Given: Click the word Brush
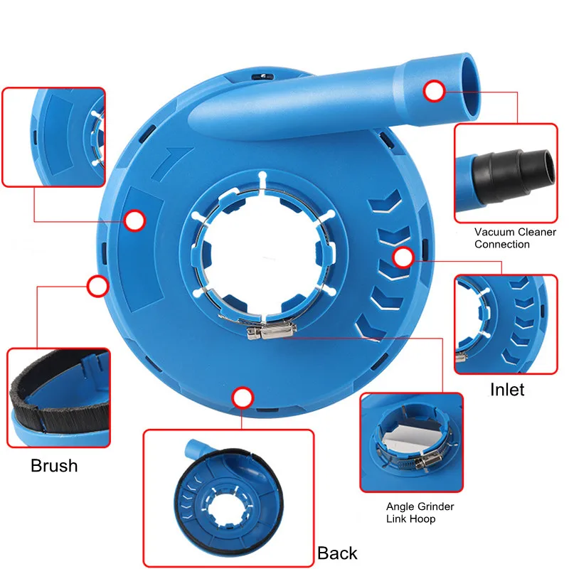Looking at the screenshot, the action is point(54,466).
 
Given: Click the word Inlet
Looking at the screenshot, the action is point(507,390).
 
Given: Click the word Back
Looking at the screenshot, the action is point(337,553).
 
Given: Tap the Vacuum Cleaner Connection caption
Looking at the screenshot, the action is point(515,238).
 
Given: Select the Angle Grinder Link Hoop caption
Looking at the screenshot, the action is point(420,512).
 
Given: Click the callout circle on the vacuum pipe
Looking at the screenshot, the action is point(434,91).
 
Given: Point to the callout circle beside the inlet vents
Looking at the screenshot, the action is point(403,257).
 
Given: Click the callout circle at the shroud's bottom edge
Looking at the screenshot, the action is point(243,398).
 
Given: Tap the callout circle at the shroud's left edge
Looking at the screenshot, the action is point(97,286).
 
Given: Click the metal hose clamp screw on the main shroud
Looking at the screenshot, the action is point(271,331).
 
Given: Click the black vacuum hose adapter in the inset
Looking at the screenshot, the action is point(514,176).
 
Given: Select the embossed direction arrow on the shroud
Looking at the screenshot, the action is point(171,163).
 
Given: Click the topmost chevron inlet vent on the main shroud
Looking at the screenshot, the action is point(385,201).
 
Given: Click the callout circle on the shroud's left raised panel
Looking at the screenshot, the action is point(134,220).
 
